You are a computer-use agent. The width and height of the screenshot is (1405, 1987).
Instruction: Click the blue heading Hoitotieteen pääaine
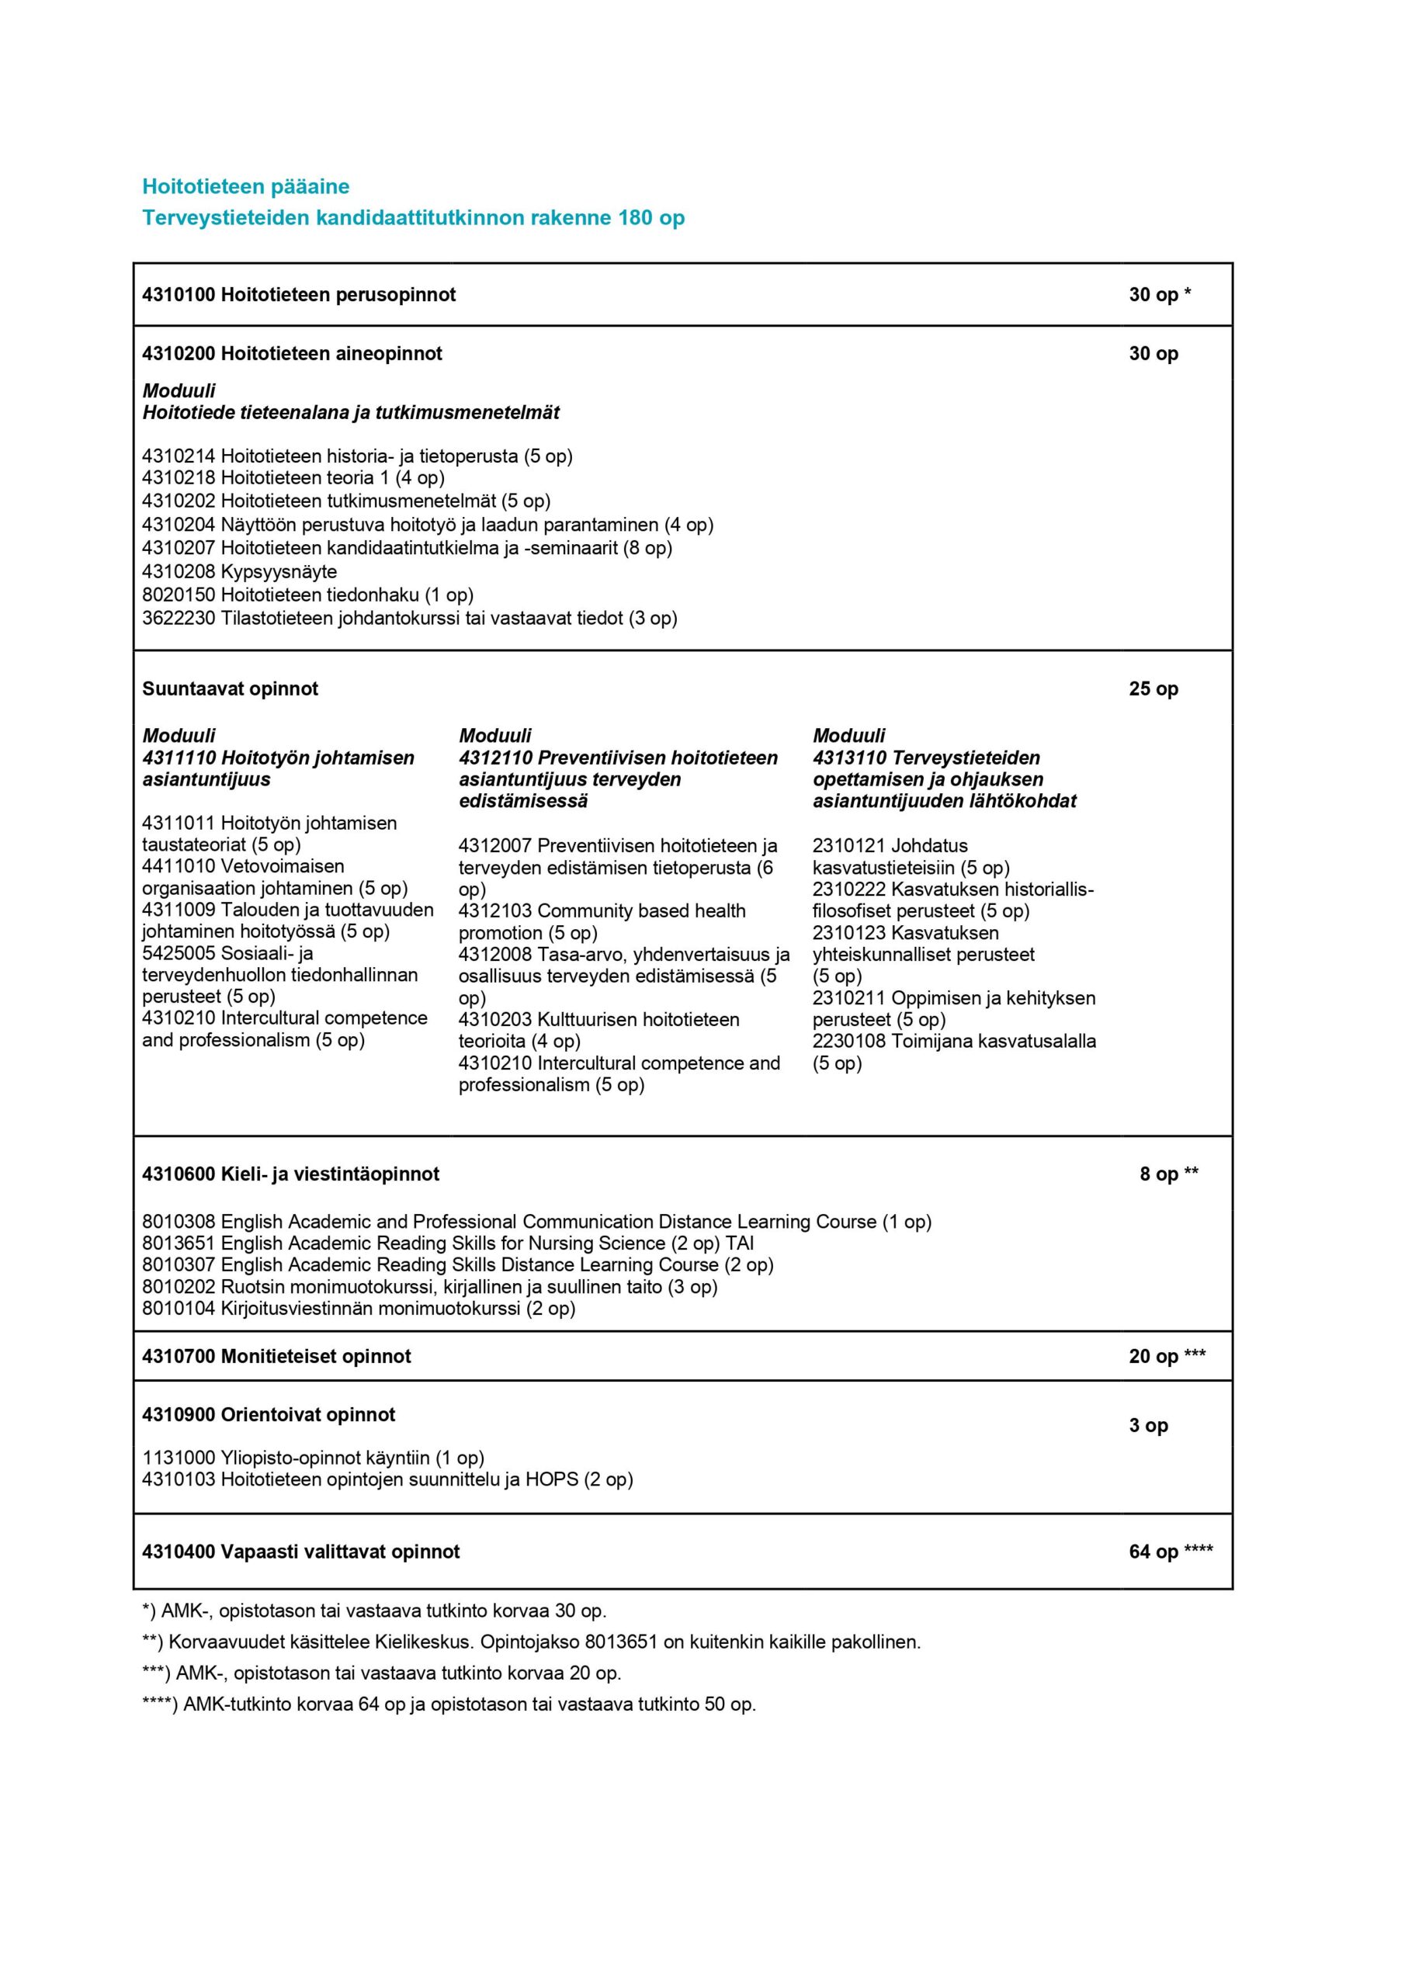tap(246, 186)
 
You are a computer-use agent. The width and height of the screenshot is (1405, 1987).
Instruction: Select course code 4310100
tap(179, 294)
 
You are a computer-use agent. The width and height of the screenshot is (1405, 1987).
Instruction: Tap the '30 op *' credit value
tap(1159, 294)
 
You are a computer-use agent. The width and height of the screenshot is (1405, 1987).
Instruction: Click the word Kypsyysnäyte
tap(279, 571)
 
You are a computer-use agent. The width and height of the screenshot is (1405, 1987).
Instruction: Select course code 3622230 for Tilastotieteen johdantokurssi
tap(179, 618)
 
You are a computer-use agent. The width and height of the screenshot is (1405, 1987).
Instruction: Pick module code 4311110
tap(179, 758)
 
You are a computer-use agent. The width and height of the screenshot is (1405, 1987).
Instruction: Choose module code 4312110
tap(495, 758)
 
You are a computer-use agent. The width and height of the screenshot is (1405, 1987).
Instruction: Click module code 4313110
tap(848, 758)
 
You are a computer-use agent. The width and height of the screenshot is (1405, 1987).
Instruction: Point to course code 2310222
tap(848, 889)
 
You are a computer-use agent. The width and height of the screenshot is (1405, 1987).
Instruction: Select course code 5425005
tap(179, 953)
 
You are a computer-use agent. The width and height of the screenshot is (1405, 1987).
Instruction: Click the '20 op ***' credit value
tap(1166, 1356)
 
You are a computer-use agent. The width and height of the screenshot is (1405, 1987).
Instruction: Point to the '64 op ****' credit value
tap(1170, 1552)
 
